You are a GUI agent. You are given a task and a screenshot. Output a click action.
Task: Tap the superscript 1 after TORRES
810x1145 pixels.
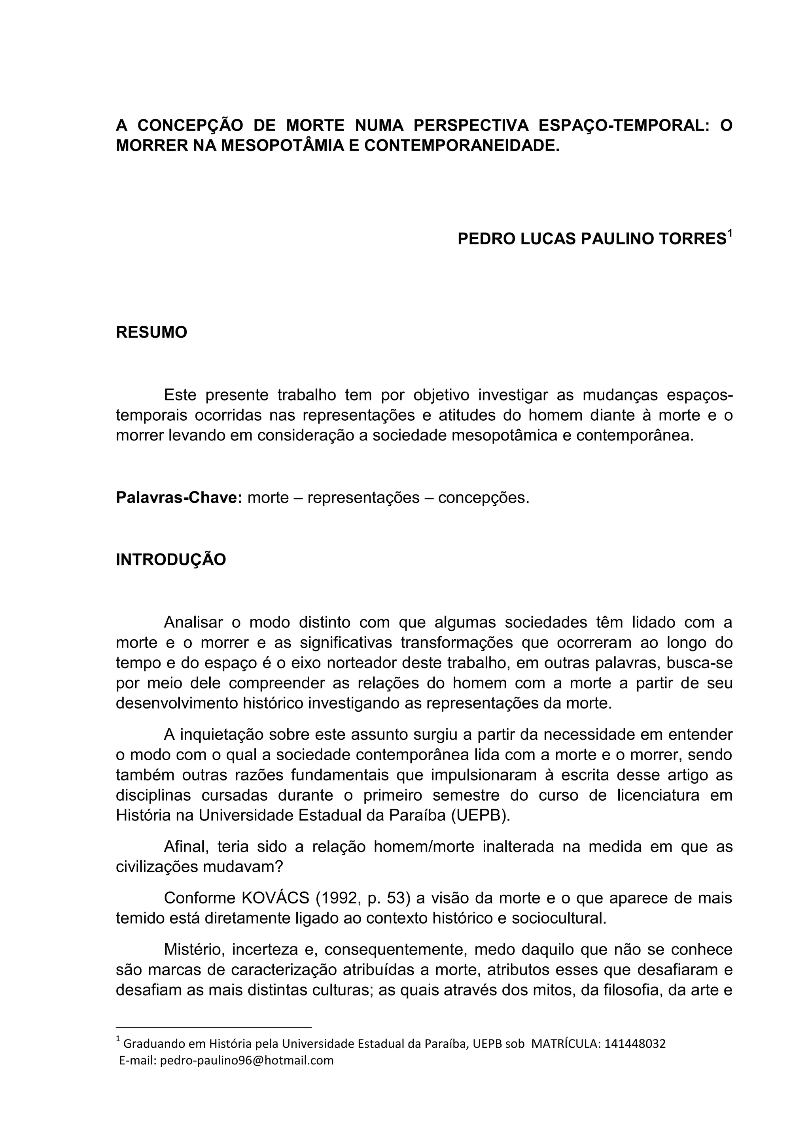(730, 233)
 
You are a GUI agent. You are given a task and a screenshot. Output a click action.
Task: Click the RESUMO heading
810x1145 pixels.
(151, 332)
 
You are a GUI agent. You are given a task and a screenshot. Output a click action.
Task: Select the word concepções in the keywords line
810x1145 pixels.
(483, 497)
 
